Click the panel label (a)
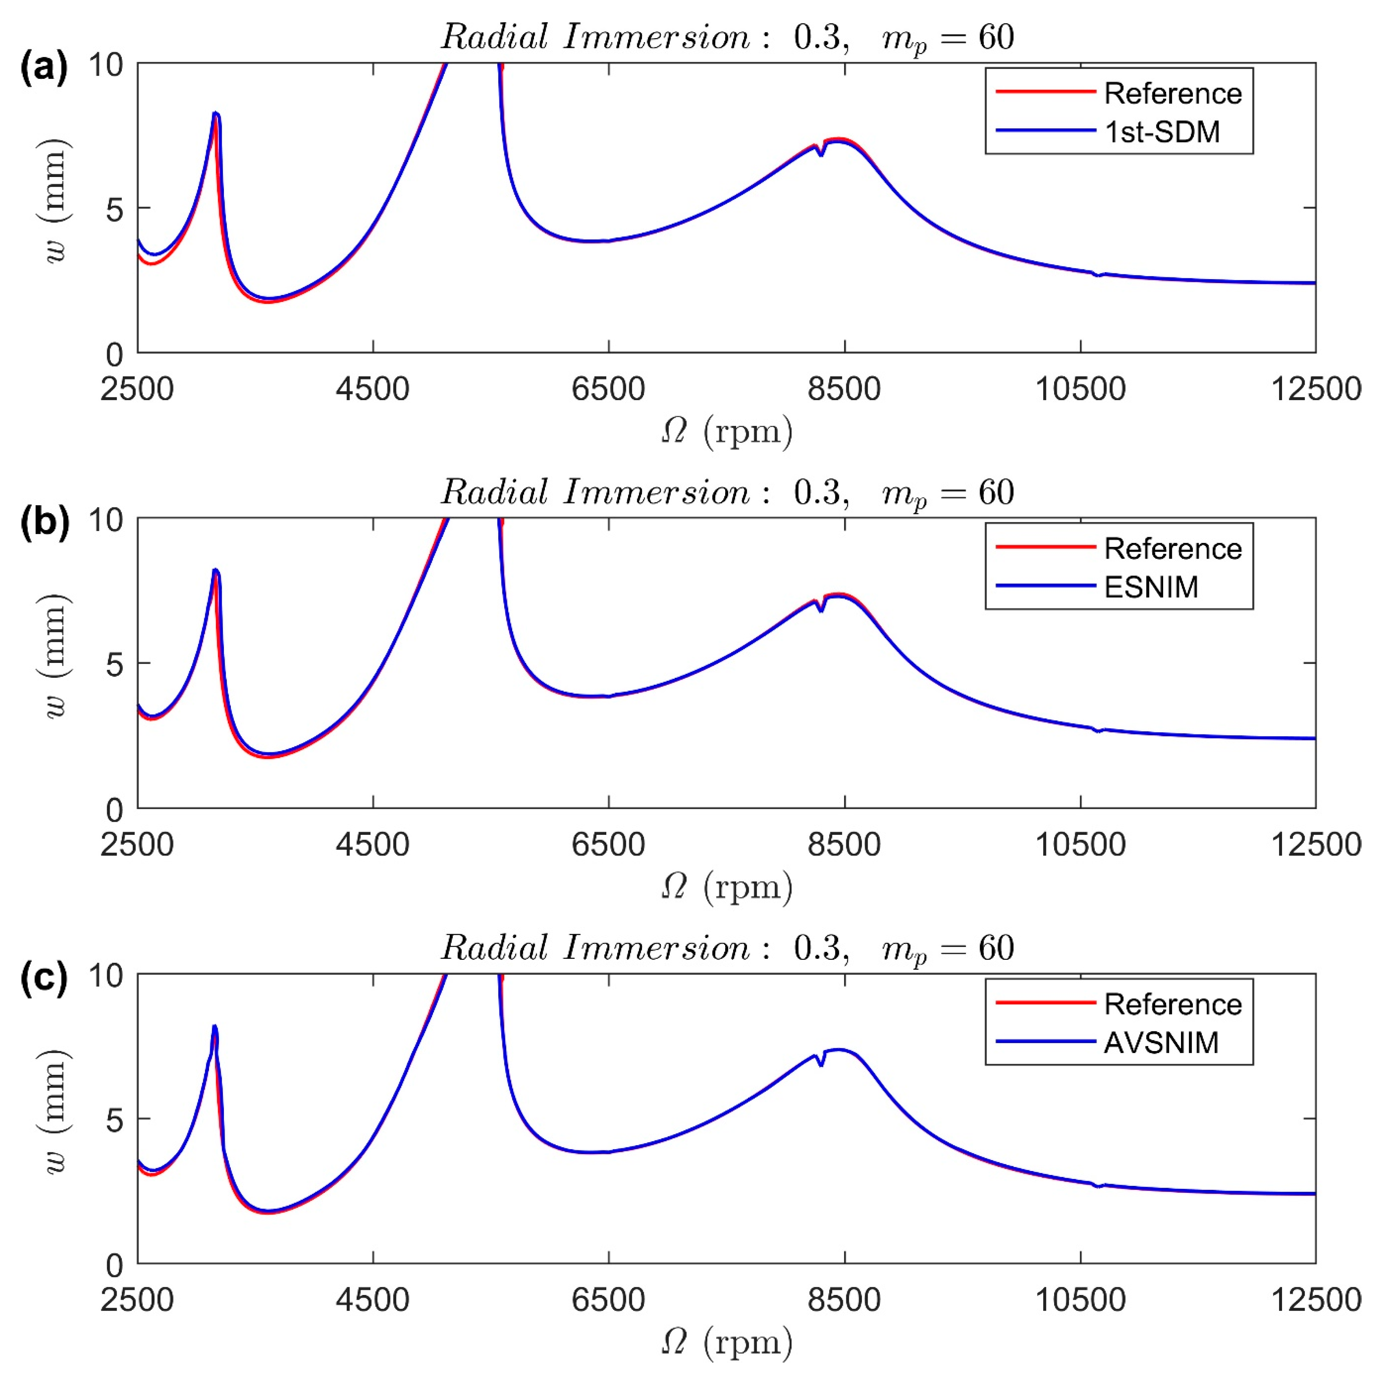pyautogui.click(x=44, y=68)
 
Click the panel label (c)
pyautogui.click(x=44, y=978)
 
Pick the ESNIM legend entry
pyautogui.click(x=1151, y=587)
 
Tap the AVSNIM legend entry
pyautogui.click(x=1161, y=1042)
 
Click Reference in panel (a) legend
pyautogui.click(x=1172, y=93)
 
